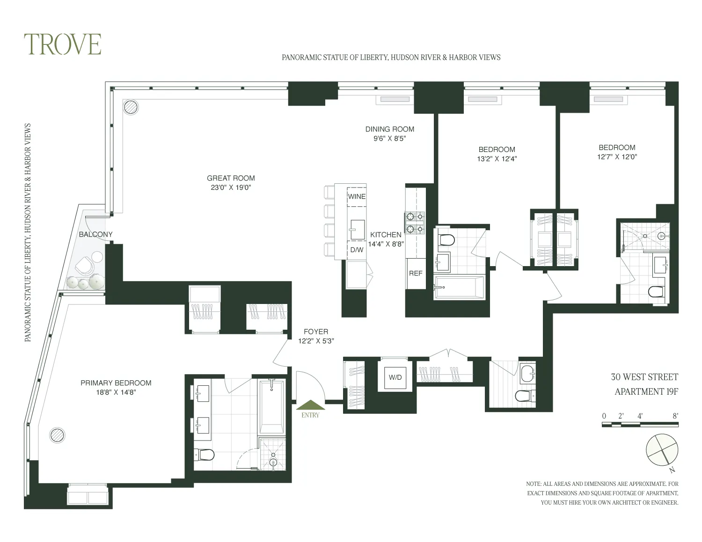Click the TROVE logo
pyautogui.click(x=63, y=44)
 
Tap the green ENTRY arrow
pyautogui.click(x=310, y=405)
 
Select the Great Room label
pyautogui.click(x=231, y=178)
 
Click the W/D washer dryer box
pyautogui.click(x=395, y=377)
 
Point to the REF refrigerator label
pyautogui.click(x=416, y=273)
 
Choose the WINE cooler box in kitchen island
pyautogui.click(x=357, y=196)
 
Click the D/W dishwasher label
pyautogui.click(x=357, y=250)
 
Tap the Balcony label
pyautogui.click(x=95, y=234)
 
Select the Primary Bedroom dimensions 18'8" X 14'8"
pyautogui.click(x=116, y=393)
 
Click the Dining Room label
pyautogui.click(x=389, y=129)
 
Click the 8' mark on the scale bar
pyautogui.click(x=675, y=415)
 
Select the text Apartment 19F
pyautogui.click(x=646, y=391)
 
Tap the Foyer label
pyautogui.click(x=316, y=332)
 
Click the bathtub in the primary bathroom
pyautogui.click(x=271, y=407)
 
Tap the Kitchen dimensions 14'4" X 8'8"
pyautogui.click(x=386, y=244)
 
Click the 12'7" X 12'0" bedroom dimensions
pyautogui.click(x=617, y=157)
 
